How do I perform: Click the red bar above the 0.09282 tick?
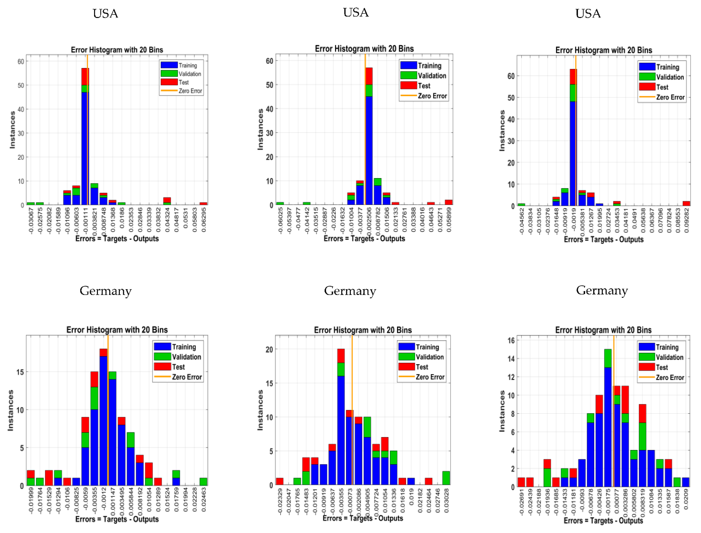click(686, 203)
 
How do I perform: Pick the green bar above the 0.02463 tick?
click(203, 482)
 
